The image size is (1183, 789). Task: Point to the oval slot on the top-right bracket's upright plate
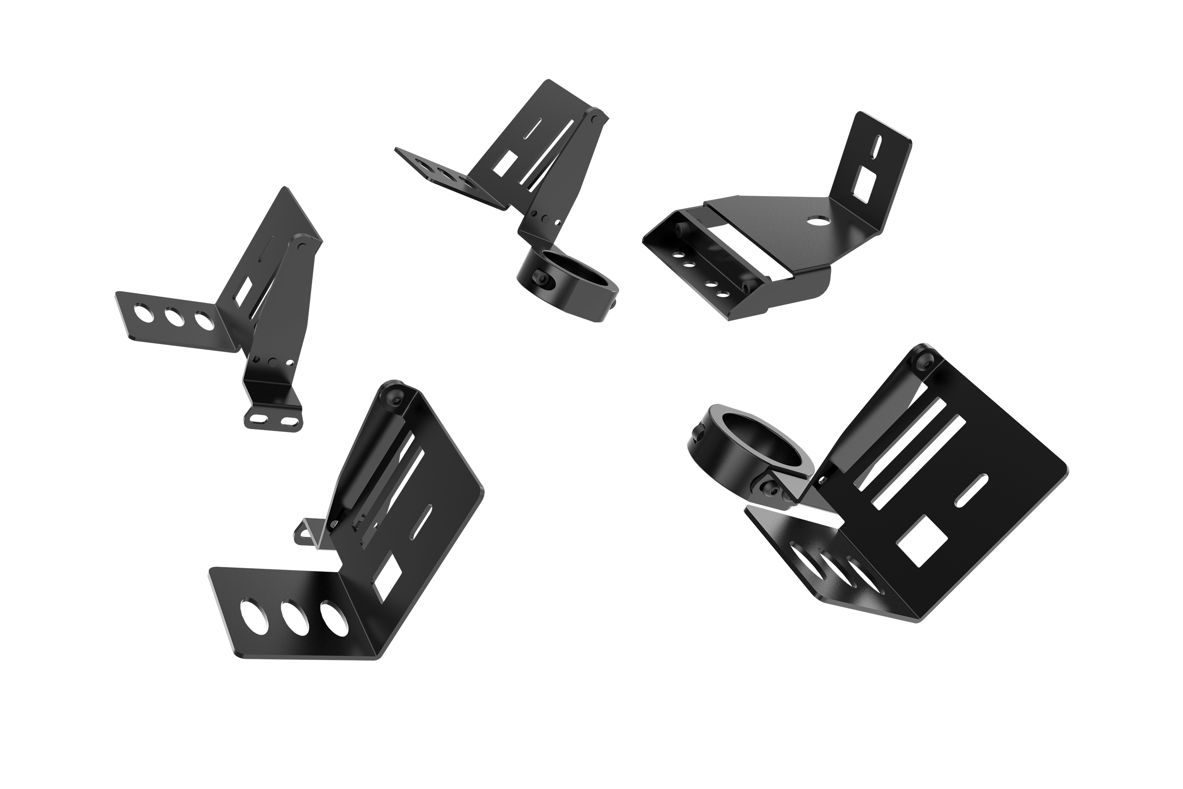click(878, 146)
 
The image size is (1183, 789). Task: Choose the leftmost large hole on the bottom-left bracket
click(254, 614)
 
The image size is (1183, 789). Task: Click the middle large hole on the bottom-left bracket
click(295, 616)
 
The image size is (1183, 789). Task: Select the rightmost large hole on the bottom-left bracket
click(334, 618)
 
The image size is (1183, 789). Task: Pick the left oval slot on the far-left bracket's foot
click(259, 418)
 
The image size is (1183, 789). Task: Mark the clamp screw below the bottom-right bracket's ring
click(768, 488)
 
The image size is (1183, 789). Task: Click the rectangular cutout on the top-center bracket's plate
click(504, 163)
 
